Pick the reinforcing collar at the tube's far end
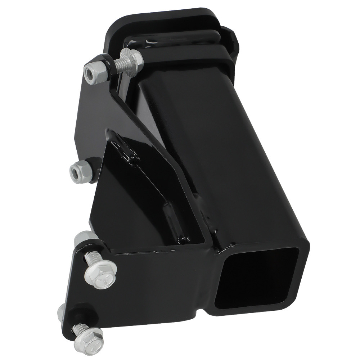202,47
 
